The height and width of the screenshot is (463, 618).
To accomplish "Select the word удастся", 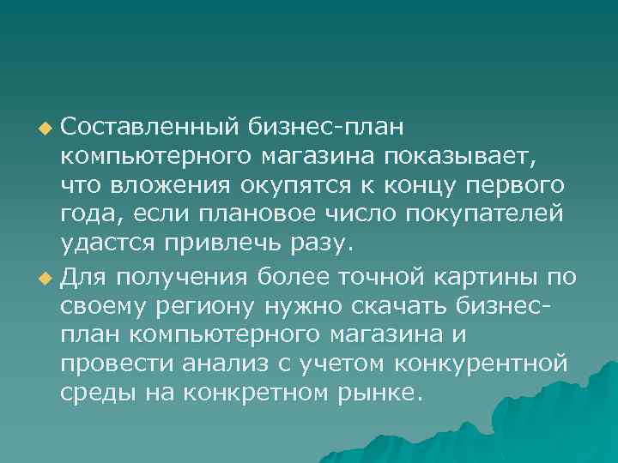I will pyautogui.click(x=107, y=243).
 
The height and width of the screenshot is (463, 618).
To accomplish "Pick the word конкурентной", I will pyautogui.click(x=481, y=363).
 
